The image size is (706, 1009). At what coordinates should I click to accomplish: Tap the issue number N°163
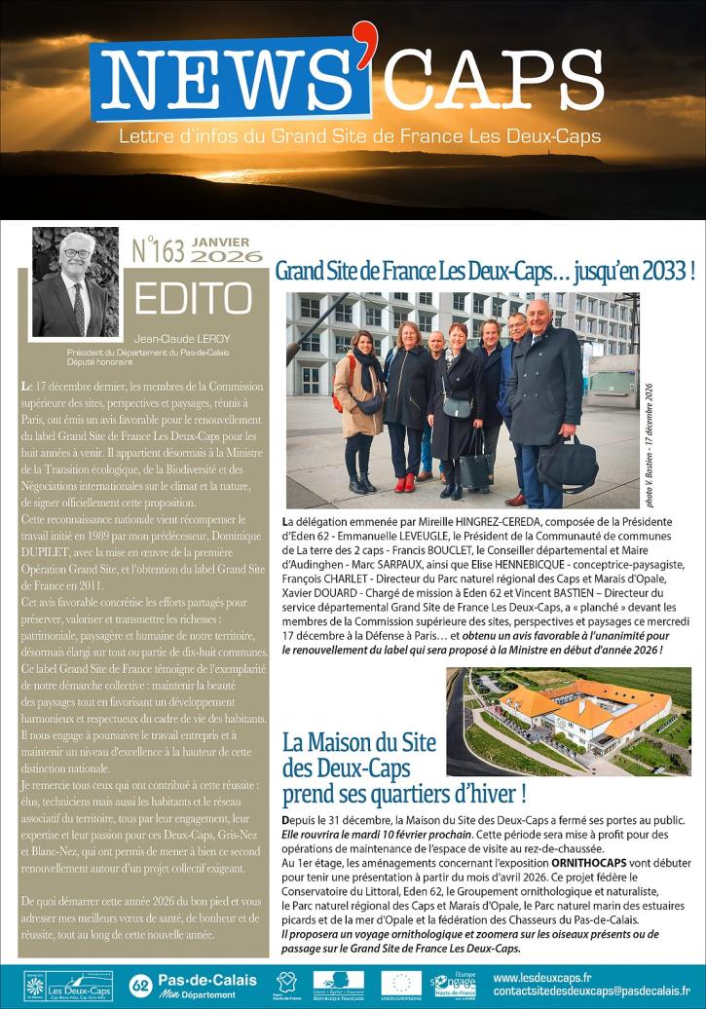tap(158, 251)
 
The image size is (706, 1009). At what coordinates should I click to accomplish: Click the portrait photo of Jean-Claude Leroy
tap(75, 282)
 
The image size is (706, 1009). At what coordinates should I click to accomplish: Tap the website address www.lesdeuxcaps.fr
tap(542, 977)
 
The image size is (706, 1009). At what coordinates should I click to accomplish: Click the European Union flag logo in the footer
tap(401, 984)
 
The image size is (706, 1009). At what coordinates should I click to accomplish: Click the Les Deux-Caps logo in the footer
tap(79, 985)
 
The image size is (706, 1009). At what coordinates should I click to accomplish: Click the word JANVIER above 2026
tap(221, 242)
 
